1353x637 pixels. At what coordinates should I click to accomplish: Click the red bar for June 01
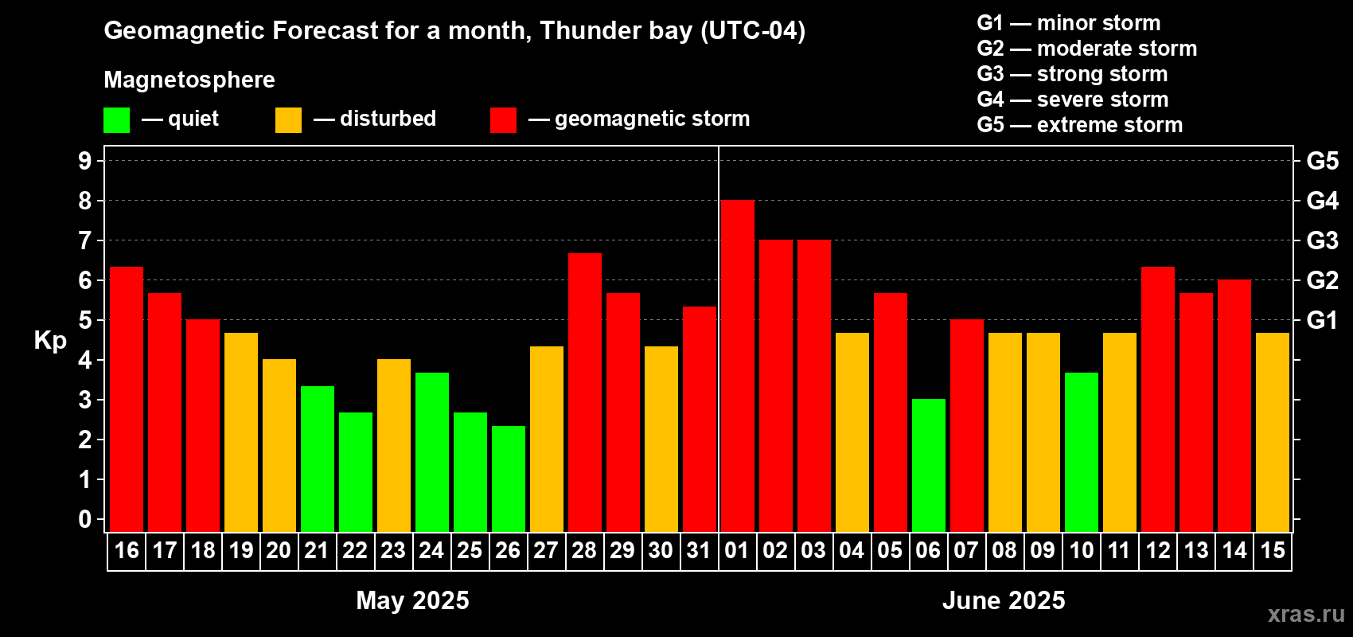click(737, 366)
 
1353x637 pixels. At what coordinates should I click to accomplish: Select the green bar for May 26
click(508, 479)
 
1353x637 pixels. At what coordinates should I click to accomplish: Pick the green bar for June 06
click(928, 465)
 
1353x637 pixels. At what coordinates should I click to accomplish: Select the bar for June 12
click(1157, 399)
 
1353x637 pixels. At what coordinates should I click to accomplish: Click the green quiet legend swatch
click(116, 120)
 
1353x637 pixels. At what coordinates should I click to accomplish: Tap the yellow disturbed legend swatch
click(288, 120)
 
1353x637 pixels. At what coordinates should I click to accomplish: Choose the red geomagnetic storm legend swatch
click(503, 120)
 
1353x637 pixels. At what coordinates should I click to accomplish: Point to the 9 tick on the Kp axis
click(85, 161)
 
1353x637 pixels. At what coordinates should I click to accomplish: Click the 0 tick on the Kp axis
click(85, 520)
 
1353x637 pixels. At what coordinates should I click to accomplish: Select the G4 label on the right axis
click(1322, 201)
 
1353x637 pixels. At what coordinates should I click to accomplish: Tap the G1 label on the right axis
click(1322, 320)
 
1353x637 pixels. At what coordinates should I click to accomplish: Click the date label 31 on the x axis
click(699, 551)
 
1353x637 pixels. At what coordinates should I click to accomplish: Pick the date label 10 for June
click(1081, 551)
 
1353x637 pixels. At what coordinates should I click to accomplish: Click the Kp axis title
click(50, 341)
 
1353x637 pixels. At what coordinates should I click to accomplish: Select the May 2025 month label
click(412, 600)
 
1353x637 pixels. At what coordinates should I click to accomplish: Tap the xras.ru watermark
click(1306, 614)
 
